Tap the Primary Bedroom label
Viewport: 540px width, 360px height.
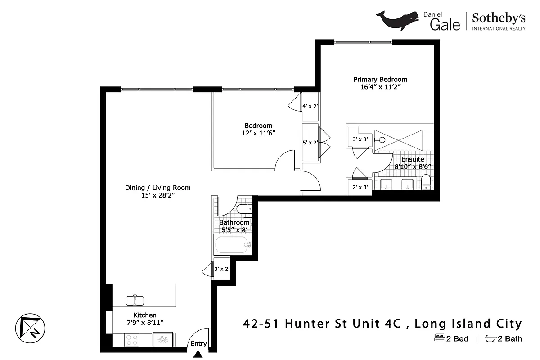click(380, 80)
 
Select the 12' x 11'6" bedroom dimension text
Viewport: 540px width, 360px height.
click(258, 133)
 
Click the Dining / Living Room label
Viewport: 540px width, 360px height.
click(157, 188)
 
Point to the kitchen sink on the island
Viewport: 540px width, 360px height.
click(134, 299)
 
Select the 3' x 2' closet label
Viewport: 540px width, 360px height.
click(222, 269)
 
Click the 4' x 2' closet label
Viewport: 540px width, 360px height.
click(310, 107)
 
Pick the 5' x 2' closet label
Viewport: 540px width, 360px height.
click(310, 143)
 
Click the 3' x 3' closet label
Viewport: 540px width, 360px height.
click(360, 139)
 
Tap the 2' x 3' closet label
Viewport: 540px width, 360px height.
click(360, 187)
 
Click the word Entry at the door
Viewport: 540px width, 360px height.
click(198, 344)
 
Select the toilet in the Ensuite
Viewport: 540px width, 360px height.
click(426, 183)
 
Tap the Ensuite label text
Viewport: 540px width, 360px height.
click(412, 159)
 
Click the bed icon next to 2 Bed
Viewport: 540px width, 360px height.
click(439, 338)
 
